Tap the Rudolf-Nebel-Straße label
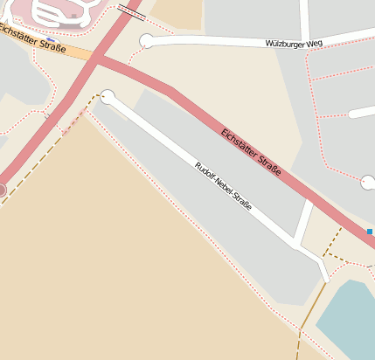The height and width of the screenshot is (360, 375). tap(223, 186)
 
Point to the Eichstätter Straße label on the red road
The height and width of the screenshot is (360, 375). tap(252, 152)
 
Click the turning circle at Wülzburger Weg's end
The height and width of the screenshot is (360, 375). tap(147, 40)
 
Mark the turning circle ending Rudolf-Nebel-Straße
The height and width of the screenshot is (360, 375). tap(108, 96)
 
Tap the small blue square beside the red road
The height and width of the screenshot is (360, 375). tap(370, 232)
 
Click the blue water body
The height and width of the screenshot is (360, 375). tap(350, 319)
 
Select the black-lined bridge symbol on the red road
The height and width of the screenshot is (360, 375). tap(132, 10)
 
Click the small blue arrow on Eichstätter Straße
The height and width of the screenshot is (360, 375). tap(52, 40)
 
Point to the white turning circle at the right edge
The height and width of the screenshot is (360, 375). tap(368, 182)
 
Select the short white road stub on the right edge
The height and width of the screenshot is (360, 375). tap(361, 113)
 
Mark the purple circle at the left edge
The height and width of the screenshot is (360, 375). tap(2, 189)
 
